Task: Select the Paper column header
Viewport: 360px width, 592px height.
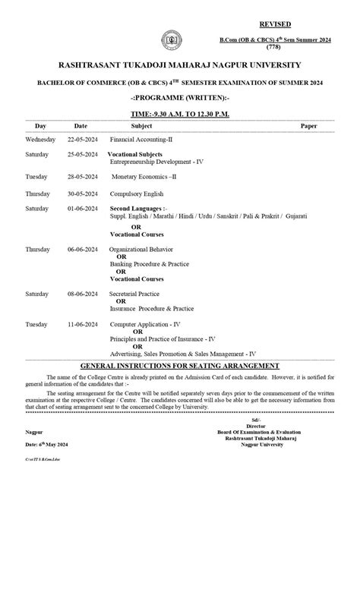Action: tap(308, 125)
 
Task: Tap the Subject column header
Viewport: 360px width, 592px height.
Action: tap(141, 125)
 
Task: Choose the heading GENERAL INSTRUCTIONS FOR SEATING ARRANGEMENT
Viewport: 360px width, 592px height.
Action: tap(180, 366)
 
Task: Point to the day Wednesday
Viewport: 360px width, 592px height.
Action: tap(40, 140)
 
